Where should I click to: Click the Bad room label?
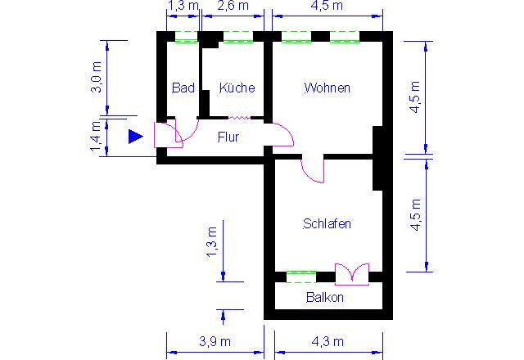click(183, 88)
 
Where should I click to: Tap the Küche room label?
click(237, 88)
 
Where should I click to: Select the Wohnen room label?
click(327, 88)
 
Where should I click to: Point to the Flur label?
click(228, 137)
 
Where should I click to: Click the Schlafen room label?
click(327, 223)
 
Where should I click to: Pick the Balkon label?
click(325, 297)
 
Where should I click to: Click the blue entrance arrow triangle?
click(136, 137)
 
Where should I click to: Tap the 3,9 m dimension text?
click(215, 341)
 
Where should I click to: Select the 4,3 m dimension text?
click(327, 341)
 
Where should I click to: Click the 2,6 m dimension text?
click(233, 6)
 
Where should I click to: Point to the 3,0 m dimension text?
click(97, 77)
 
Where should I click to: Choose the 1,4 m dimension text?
click(96, 136)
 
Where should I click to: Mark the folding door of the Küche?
click(239, 118)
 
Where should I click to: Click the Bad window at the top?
click(187, 37)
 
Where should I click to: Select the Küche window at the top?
click(238, 37)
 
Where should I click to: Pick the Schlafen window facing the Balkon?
click(301, 277)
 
